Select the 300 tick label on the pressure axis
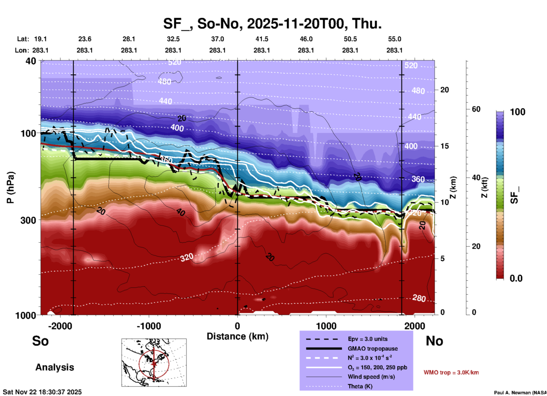28,220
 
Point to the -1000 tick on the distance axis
149,326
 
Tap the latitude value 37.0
217,39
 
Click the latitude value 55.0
394,39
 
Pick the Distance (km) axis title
237,336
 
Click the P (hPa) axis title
11,187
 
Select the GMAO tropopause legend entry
372,349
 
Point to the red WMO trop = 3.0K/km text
451,372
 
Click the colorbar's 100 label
517,112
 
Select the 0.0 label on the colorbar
516,278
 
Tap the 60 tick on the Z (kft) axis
476,109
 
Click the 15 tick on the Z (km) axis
444,146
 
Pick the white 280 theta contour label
419,298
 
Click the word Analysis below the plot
55,367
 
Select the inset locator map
154,362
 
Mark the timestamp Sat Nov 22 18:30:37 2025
42,392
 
